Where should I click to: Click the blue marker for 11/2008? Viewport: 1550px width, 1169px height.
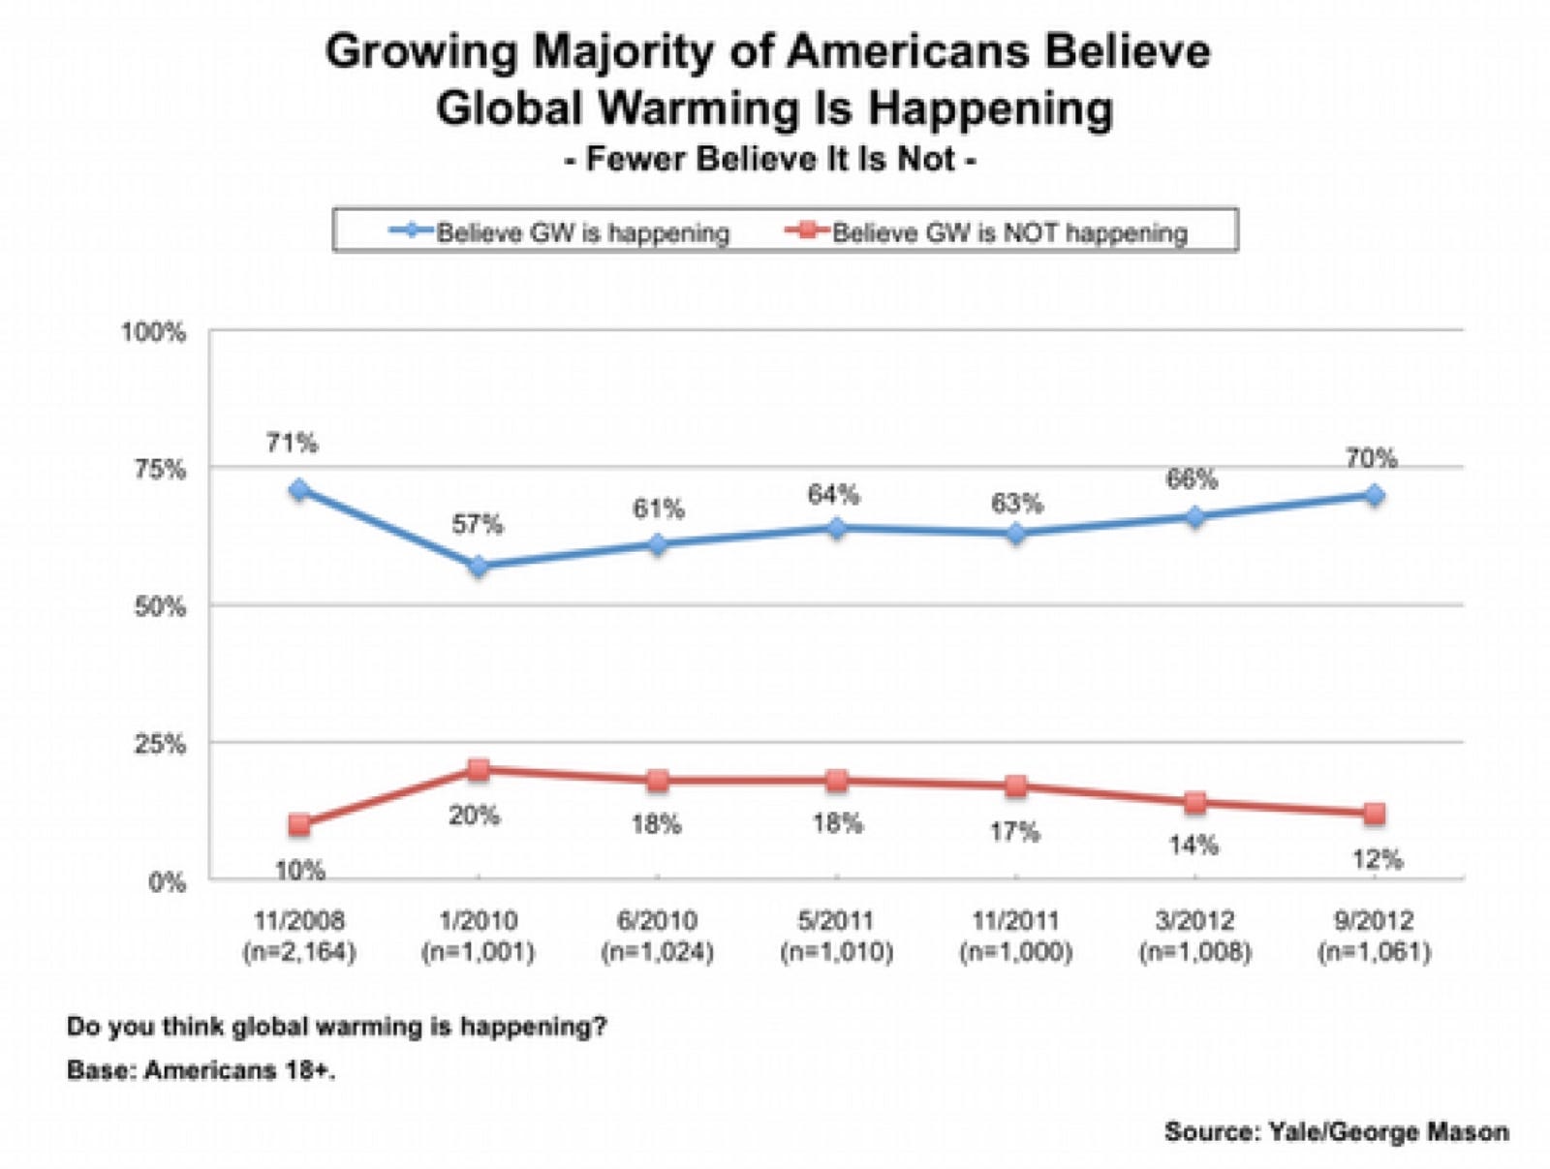tap(299, 489)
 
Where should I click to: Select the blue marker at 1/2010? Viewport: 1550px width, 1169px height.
tap(478, 566)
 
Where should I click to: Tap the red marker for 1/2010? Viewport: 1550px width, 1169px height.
tap(478, 770)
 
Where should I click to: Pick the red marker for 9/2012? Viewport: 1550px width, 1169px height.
tap(1374, 814)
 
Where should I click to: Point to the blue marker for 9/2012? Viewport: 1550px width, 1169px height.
tap(1374, 495)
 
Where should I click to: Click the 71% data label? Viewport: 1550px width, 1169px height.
tap(292, 443)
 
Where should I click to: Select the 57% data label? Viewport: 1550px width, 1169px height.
tap(478, 524)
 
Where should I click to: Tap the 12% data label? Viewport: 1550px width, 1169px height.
tap(1377, 859)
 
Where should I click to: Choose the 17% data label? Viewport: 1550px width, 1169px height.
tap(1014, 832)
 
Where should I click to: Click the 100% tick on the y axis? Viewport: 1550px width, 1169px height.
tap(153, 332)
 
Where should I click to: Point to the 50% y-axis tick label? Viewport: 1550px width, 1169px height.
tap(159, 607)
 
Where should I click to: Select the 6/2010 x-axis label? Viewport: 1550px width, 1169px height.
tap(657, 920)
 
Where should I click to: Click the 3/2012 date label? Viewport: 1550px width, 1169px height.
tap(1194, 920)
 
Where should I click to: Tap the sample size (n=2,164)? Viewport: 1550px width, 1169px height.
tap(299, 952)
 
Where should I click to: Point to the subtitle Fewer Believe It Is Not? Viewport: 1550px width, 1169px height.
tap(770, 158)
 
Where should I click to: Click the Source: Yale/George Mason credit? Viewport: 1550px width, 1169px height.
tap(1336, 1131)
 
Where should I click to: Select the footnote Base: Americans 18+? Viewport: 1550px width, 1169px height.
tap(201, 1070)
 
